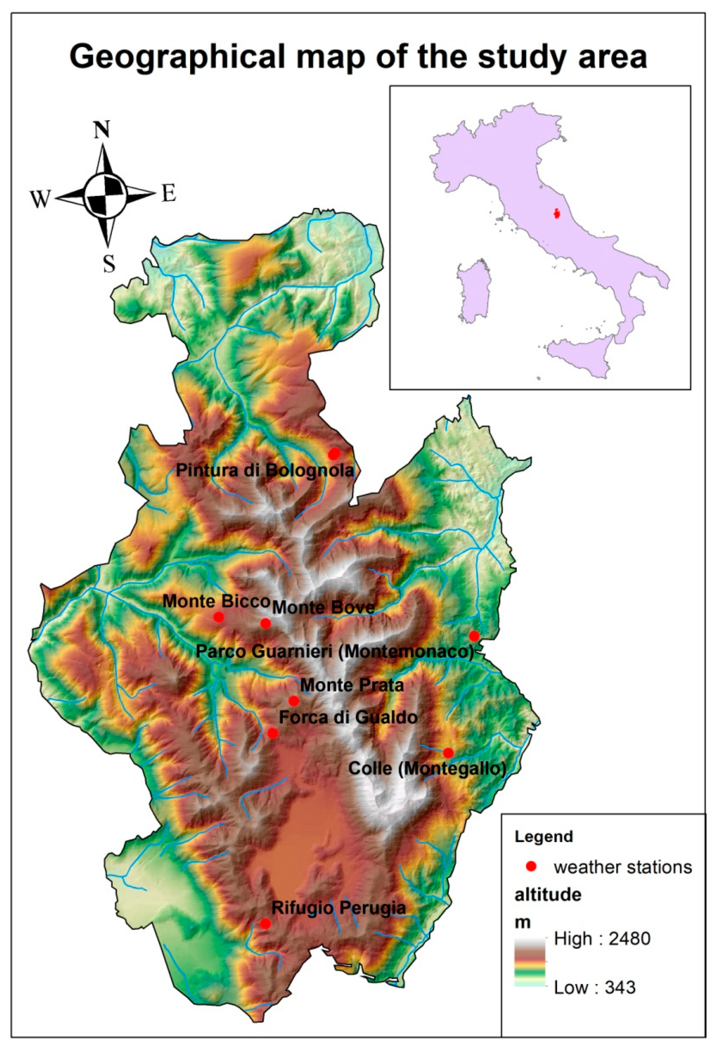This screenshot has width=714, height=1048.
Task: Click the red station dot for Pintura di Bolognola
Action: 333,454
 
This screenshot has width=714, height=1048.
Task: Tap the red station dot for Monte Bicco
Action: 219,617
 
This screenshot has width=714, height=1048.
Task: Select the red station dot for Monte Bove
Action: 265,623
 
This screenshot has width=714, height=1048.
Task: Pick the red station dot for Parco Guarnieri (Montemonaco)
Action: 474,636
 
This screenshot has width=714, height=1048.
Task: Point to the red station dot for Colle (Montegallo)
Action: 448,753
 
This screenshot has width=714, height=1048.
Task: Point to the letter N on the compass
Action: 102,130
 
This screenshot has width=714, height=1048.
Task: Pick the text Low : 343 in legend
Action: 595,988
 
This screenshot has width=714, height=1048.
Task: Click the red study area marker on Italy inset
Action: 557,213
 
